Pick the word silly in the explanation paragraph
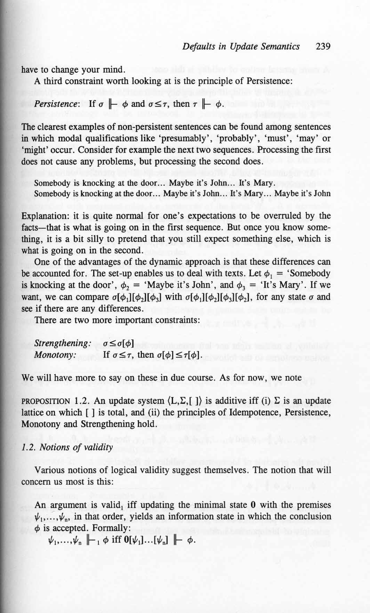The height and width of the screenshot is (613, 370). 85,239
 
